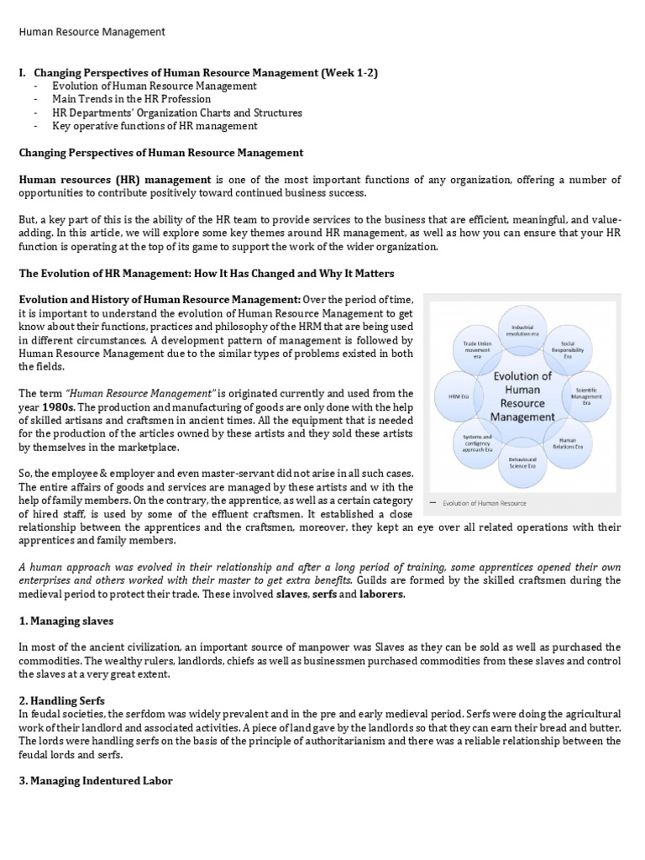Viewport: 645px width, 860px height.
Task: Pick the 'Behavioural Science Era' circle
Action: coord(522,462)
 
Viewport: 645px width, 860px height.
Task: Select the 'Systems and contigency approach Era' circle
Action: coord(472,443)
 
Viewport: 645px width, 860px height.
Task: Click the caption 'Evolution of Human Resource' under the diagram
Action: coord(486,503)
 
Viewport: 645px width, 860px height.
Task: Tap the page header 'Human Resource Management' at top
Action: coord(92,32)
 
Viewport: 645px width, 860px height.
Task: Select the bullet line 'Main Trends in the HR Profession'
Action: coord(131,99)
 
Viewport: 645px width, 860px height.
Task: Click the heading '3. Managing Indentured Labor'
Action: coord(96,780)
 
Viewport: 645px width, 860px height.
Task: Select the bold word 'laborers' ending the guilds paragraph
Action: coord(381,594)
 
